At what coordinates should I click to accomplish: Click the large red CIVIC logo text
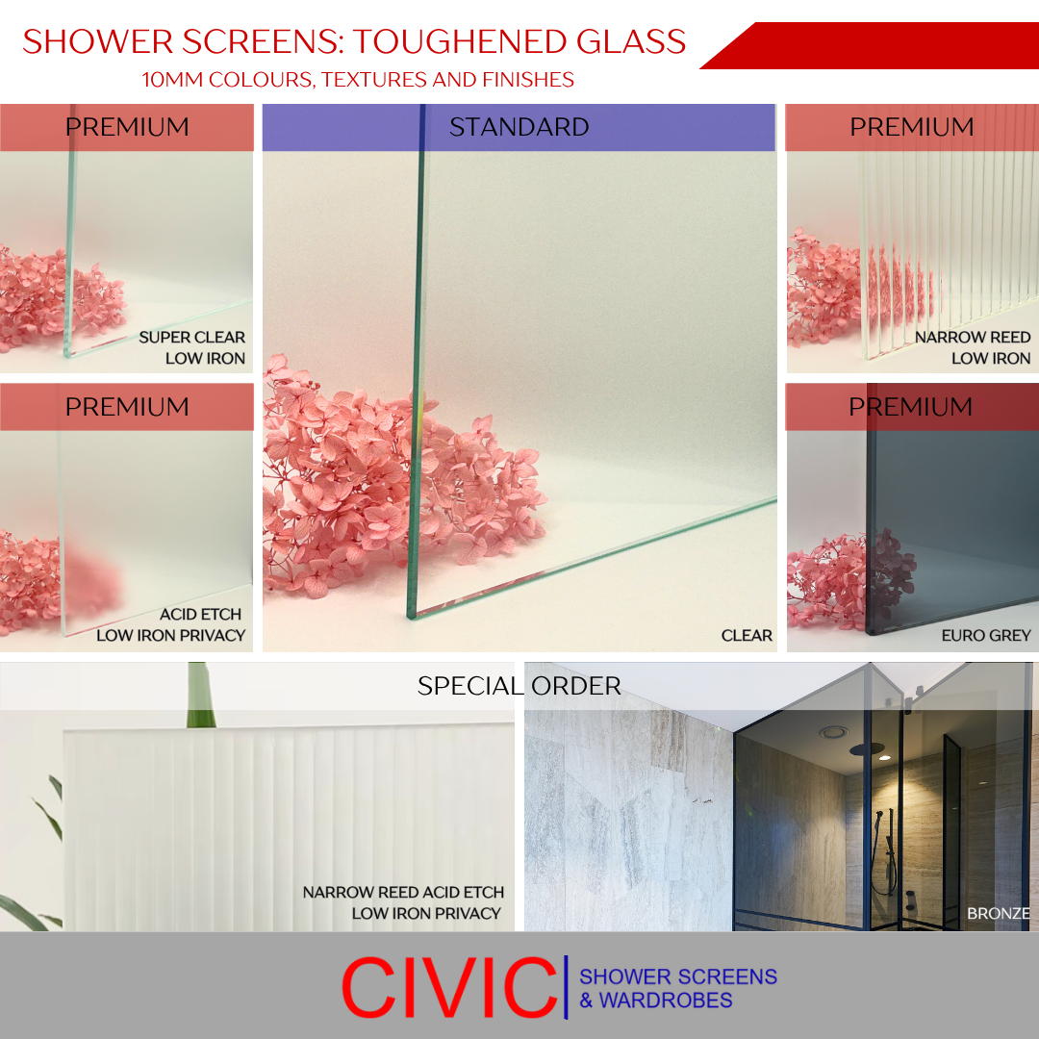448,987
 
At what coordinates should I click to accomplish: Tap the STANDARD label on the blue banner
519,127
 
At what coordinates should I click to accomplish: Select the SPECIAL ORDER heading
519,686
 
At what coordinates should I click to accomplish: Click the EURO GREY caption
986,635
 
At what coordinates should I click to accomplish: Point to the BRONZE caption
999,913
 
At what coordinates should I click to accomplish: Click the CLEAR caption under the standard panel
747,635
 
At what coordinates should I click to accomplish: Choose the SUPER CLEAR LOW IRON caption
192,347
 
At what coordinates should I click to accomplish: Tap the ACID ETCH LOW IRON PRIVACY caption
171,624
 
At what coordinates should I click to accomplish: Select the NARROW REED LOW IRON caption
973,347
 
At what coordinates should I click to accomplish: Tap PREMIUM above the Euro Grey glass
910,407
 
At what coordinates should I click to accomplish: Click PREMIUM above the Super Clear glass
127,127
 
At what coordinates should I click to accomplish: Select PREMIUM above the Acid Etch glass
127,407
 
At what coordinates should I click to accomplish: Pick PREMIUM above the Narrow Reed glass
911,127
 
